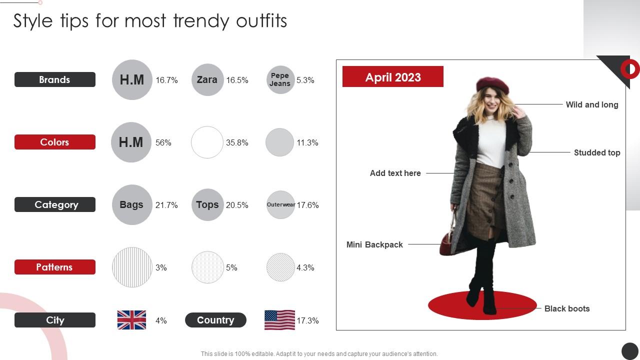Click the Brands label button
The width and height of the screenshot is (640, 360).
[x=54, y=79]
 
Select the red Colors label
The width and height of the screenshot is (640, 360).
[x=54, y=142]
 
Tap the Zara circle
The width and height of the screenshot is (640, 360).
[x=207, y=79]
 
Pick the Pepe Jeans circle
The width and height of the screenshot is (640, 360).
[x=280, y=79]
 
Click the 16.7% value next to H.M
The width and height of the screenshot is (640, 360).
[x=166, y=80]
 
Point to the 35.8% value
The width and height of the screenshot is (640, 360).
[x=237, y=142]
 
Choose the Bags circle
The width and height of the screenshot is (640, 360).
[x=131, y=204]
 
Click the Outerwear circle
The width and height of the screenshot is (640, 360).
[x=280, y=204]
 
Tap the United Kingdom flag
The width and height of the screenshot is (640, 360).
[x=131, y=320]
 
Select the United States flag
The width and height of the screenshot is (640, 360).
[x=279, y=320]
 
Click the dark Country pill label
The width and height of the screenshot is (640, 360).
[x=215, y=320]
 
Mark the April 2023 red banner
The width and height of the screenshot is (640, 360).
[x=392, y=76]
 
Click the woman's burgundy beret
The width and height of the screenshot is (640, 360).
[x=492, y=85]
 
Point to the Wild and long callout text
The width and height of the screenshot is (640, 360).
[x=591, y=104]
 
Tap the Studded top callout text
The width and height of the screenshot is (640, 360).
[x=596, y=152]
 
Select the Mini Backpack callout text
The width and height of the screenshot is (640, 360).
[x=374, y=244]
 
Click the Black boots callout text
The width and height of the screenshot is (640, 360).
[x=566, y=308]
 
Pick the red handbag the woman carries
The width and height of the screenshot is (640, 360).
[x=447, y=242]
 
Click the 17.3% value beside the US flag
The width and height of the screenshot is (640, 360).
[x=307, y=320]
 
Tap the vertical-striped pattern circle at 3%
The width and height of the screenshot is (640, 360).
[x=132, y=267]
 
